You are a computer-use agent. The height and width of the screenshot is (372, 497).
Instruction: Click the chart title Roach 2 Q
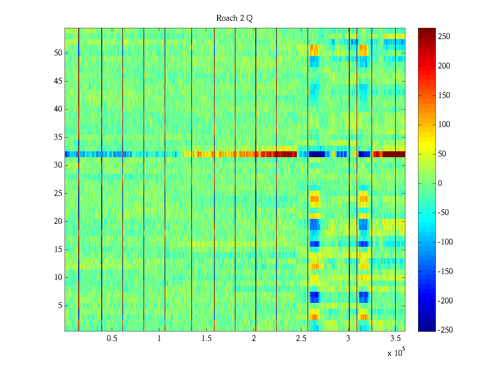tap(234, 18)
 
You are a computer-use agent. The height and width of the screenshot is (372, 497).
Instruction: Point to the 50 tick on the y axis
tap(58, 53)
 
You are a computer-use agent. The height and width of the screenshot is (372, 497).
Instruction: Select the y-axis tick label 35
tap(58, 137)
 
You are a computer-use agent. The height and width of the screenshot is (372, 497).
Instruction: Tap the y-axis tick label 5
tap(60, 306)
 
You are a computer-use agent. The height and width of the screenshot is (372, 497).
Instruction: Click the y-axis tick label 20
tap(58, 221)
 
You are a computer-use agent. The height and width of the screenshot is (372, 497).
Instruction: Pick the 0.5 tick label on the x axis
tap(112, 339)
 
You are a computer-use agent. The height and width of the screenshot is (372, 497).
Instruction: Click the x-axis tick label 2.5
tap(301, 339)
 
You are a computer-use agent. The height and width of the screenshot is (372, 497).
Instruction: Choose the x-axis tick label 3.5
tap(395, 339)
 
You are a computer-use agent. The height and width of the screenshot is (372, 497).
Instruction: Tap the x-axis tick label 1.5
tap(206, 339)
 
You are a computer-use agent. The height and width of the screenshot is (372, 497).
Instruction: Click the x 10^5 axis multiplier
tap(396, 353)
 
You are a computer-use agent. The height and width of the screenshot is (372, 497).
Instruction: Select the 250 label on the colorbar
tap(444, 37)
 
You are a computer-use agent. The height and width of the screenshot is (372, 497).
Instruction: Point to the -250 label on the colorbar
tap(445, 330)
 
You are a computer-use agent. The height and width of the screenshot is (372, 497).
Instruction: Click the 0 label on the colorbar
tap(440, 184)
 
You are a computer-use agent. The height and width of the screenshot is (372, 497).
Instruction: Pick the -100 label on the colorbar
tap(445, 242)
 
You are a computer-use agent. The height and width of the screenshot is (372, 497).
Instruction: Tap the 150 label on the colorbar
tap(444, 95)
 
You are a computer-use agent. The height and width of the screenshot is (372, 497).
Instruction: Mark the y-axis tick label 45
tap(58, 81)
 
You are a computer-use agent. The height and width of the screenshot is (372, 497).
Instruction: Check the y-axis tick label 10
tap(58, 277)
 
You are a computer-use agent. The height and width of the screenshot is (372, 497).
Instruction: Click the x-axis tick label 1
tap(159, 339)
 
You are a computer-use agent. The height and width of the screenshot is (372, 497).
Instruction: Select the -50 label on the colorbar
tap(443, 213)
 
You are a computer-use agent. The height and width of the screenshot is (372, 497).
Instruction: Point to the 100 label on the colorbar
tap(444, 125)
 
